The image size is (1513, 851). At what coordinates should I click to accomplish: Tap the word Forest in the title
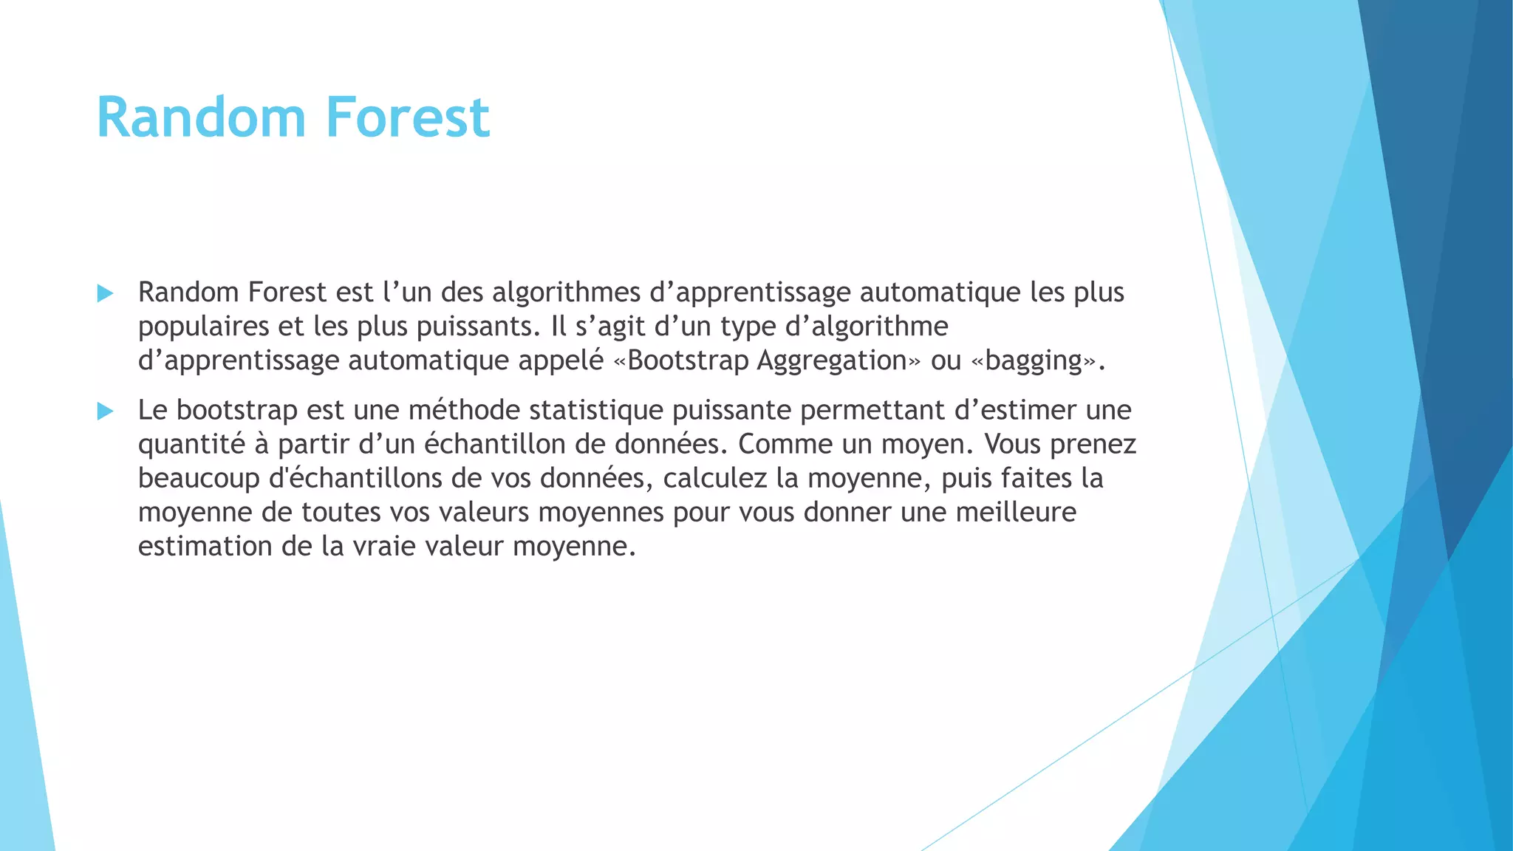pyautogui.click(x=407, y=117)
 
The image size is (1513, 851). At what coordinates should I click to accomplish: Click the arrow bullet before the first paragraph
pyautogui.click(x=105, y=293)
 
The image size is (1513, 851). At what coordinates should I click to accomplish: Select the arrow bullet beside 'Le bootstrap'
pyautogui.click(x=105, y=411)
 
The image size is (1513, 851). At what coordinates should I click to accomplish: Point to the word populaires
pyautogui.click(x=203, y=327)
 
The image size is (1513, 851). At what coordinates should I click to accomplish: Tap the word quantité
pyautogui.click(x=191, y=444)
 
